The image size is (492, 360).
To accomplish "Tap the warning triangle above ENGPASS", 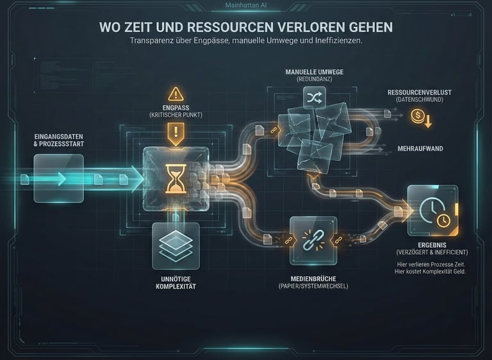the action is click(x=176, y=94).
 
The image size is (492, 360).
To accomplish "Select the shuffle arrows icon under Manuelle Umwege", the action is click(x=315, y=98).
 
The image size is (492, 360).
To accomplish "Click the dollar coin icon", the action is click(x=417, y=116).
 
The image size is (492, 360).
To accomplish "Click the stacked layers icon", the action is click(x=176, y=246).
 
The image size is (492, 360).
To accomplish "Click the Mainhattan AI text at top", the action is click(x=246, y=6).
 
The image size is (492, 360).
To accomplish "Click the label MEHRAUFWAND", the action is click(x=420, y=149).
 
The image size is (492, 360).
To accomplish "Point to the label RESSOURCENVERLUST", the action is click(x=419, y=93).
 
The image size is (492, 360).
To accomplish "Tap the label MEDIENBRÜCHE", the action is click(x=314, y=279).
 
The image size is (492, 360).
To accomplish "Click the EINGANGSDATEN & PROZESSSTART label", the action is click(x=60, y=140).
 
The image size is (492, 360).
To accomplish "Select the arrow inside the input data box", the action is click(x=60, y=178).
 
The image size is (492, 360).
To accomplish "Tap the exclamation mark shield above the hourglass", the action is click(x=176, y=133).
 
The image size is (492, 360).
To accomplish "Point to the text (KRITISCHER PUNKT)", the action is click(x=176, y=114).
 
